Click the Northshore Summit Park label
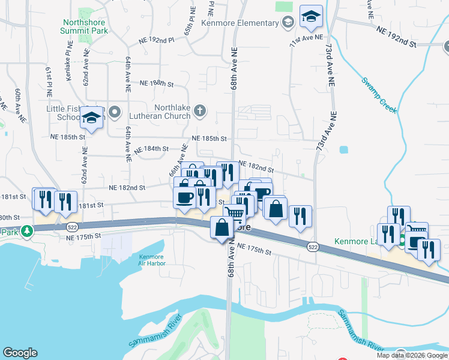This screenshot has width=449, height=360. tap(85, 26)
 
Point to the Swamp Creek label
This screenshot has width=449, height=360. tap(379, 95)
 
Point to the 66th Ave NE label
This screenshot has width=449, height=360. tap(175, 165)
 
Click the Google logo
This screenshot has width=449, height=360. tap(20, 353)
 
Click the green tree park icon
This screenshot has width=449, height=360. tap(26, 231)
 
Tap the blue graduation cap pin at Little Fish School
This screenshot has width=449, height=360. tap(92, 119)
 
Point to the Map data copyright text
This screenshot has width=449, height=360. tap(412, 355)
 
